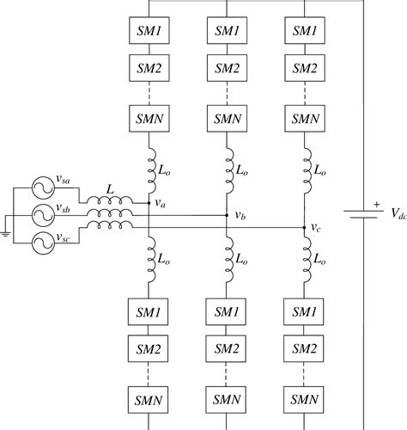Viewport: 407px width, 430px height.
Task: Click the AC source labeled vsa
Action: tap(41, 186)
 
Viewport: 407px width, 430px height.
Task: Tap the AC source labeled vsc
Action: tap(41, 242)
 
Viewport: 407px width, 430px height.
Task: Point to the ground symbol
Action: tap(6, 231)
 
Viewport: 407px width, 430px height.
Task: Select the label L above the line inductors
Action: tap(108, 187)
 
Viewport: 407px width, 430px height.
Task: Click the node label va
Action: tap(161, 203)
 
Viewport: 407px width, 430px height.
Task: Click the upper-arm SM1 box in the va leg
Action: tap(149, 30)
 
